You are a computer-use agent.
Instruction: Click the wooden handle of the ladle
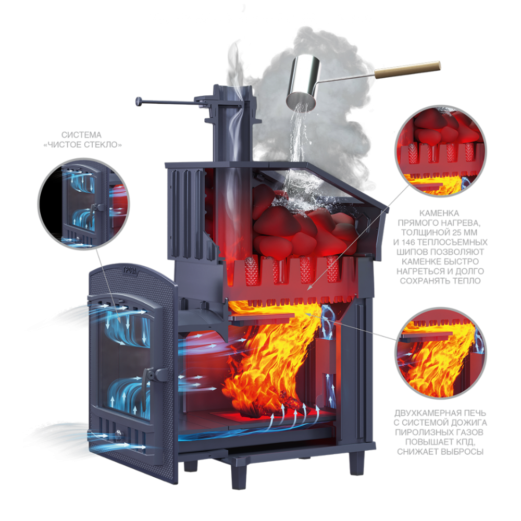click(x=408, y=70)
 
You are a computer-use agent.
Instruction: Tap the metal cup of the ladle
click(x=304, y=83)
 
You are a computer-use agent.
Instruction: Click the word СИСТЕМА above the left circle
click(x=81, y=135)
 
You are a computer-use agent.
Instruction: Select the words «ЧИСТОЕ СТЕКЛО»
click(x=82, y=144)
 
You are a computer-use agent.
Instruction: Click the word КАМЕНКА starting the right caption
click(x=439, y=213)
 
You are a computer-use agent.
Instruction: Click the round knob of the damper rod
click(x=139, y=102)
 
